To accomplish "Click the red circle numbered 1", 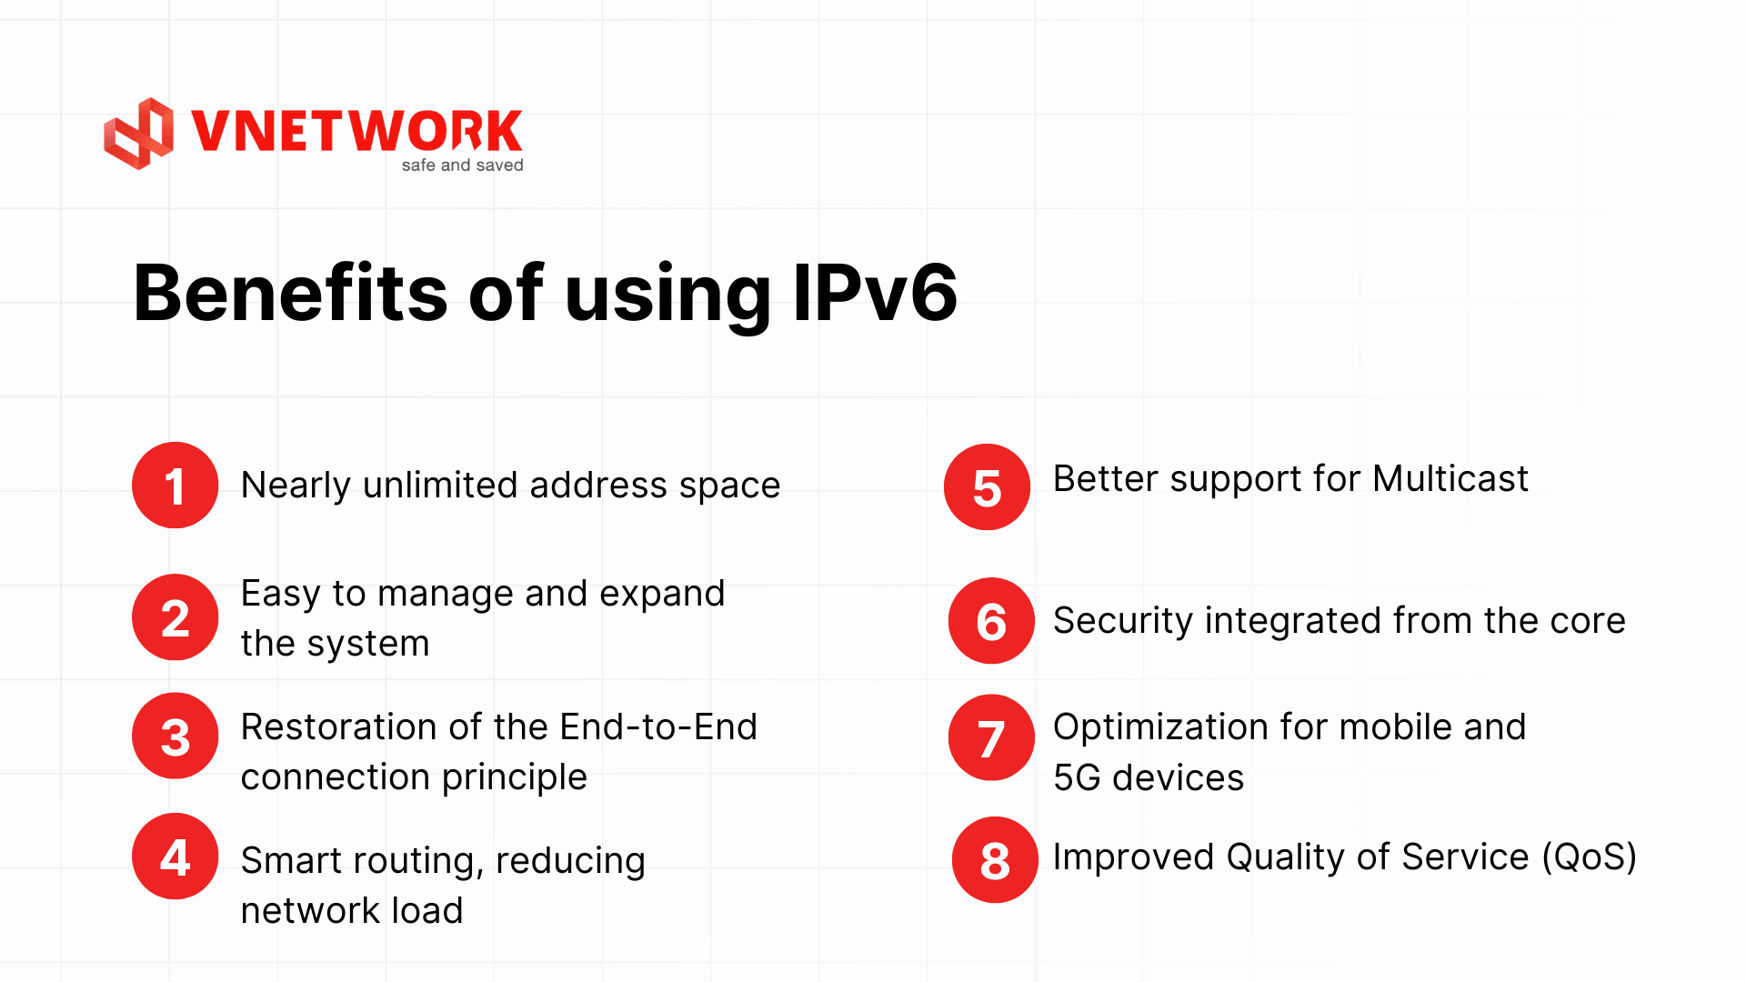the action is pos(176,485).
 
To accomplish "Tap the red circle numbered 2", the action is pos(176,617).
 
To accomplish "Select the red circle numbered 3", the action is pos(176,736).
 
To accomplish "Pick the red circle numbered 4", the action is pos(176,857).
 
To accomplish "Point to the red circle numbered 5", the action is pos(988,487).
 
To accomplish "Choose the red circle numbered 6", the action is pos(992,621).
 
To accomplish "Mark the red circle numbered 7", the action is pos(992,737).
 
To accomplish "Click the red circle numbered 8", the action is pos(996,860).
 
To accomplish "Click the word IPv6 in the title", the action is pos(876,293).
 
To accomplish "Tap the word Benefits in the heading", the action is pos(291,293).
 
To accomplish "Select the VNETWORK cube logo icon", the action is pos(138,134).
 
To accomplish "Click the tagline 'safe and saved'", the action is pos(463,165).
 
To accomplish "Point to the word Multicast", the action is pos(1450,478).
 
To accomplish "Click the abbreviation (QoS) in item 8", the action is pos(1590,857).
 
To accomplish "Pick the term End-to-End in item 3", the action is pos(658,727).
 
